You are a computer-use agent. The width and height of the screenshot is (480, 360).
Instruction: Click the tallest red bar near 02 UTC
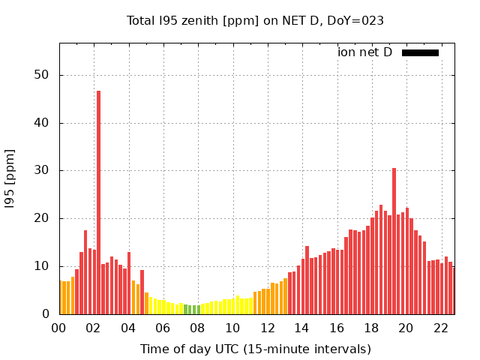tap(98, 202)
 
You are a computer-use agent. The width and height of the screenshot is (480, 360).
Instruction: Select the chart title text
tap(255, 20)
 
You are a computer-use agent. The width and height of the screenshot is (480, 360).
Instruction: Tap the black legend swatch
tap(420, 52)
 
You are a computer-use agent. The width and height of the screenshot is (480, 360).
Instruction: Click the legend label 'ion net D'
tap(364, 52)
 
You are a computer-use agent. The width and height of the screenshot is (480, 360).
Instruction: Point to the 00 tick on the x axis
tap(59, 328)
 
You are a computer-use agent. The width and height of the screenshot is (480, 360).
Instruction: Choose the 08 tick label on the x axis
tap(198, 328)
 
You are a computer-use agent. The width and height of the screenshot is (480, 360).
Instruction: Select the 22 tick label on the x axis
tap(441, 328)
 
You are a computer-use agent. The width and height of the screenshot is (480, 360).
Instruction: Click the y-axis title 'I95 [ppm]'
tap(10, 178)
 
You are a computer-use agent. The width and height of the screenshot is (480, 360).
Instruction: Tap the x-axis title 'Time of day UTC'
tap(256, 349)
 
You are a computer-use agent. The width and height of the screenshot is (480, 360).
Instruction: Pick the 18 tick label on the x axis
tap(371, 328)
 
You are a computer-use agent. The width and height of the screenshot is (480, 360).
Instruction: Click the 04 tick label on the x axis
tap(128, 328)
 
